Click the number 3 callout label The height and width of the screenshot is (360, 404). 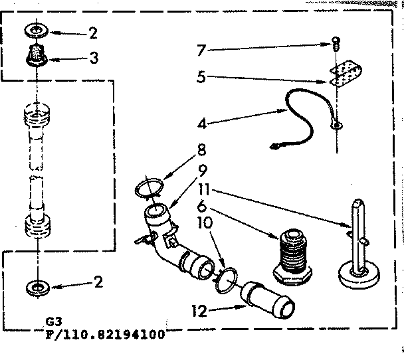point(95,59)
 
